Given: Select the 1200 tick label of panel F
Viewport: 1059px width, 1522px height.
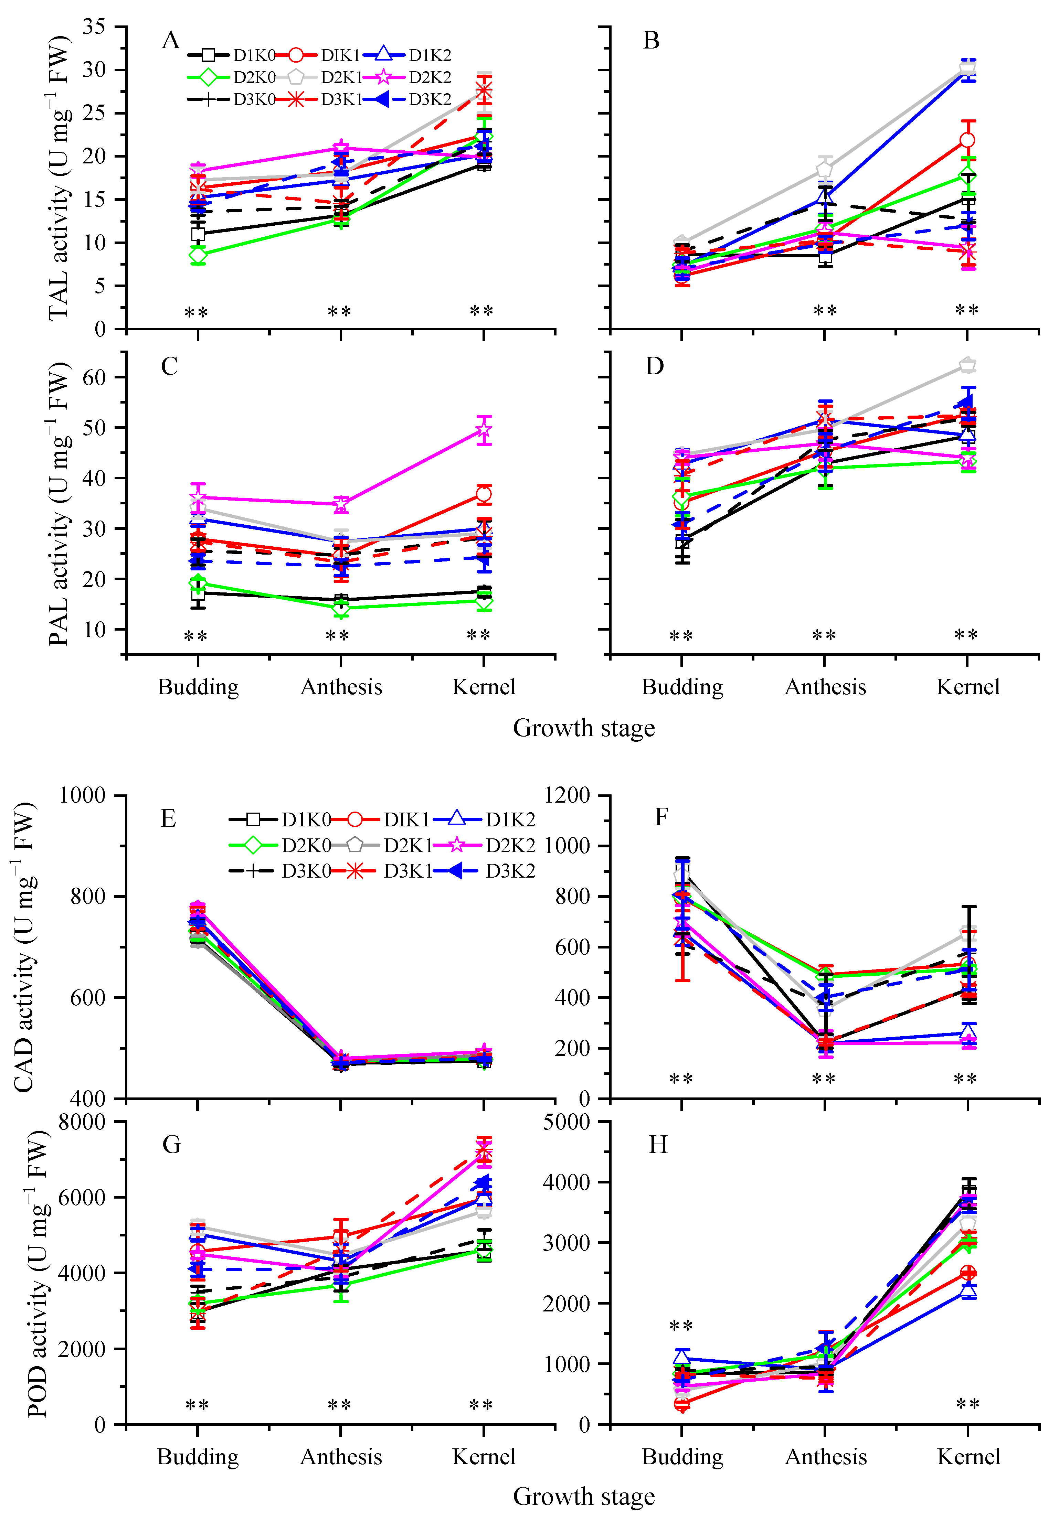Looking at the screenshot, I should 567,795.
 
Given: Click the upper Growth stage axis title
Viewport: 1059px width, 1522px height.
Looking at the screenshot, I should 584,728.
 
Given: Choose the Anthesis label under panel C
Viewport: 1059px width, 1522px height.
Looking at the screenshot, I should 341,687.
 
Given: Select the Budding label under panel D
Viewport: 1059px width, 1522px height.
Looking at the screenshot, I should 682,687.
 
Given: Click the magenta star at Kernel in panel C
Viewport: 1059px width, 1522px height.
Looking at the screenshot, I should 484,431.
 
